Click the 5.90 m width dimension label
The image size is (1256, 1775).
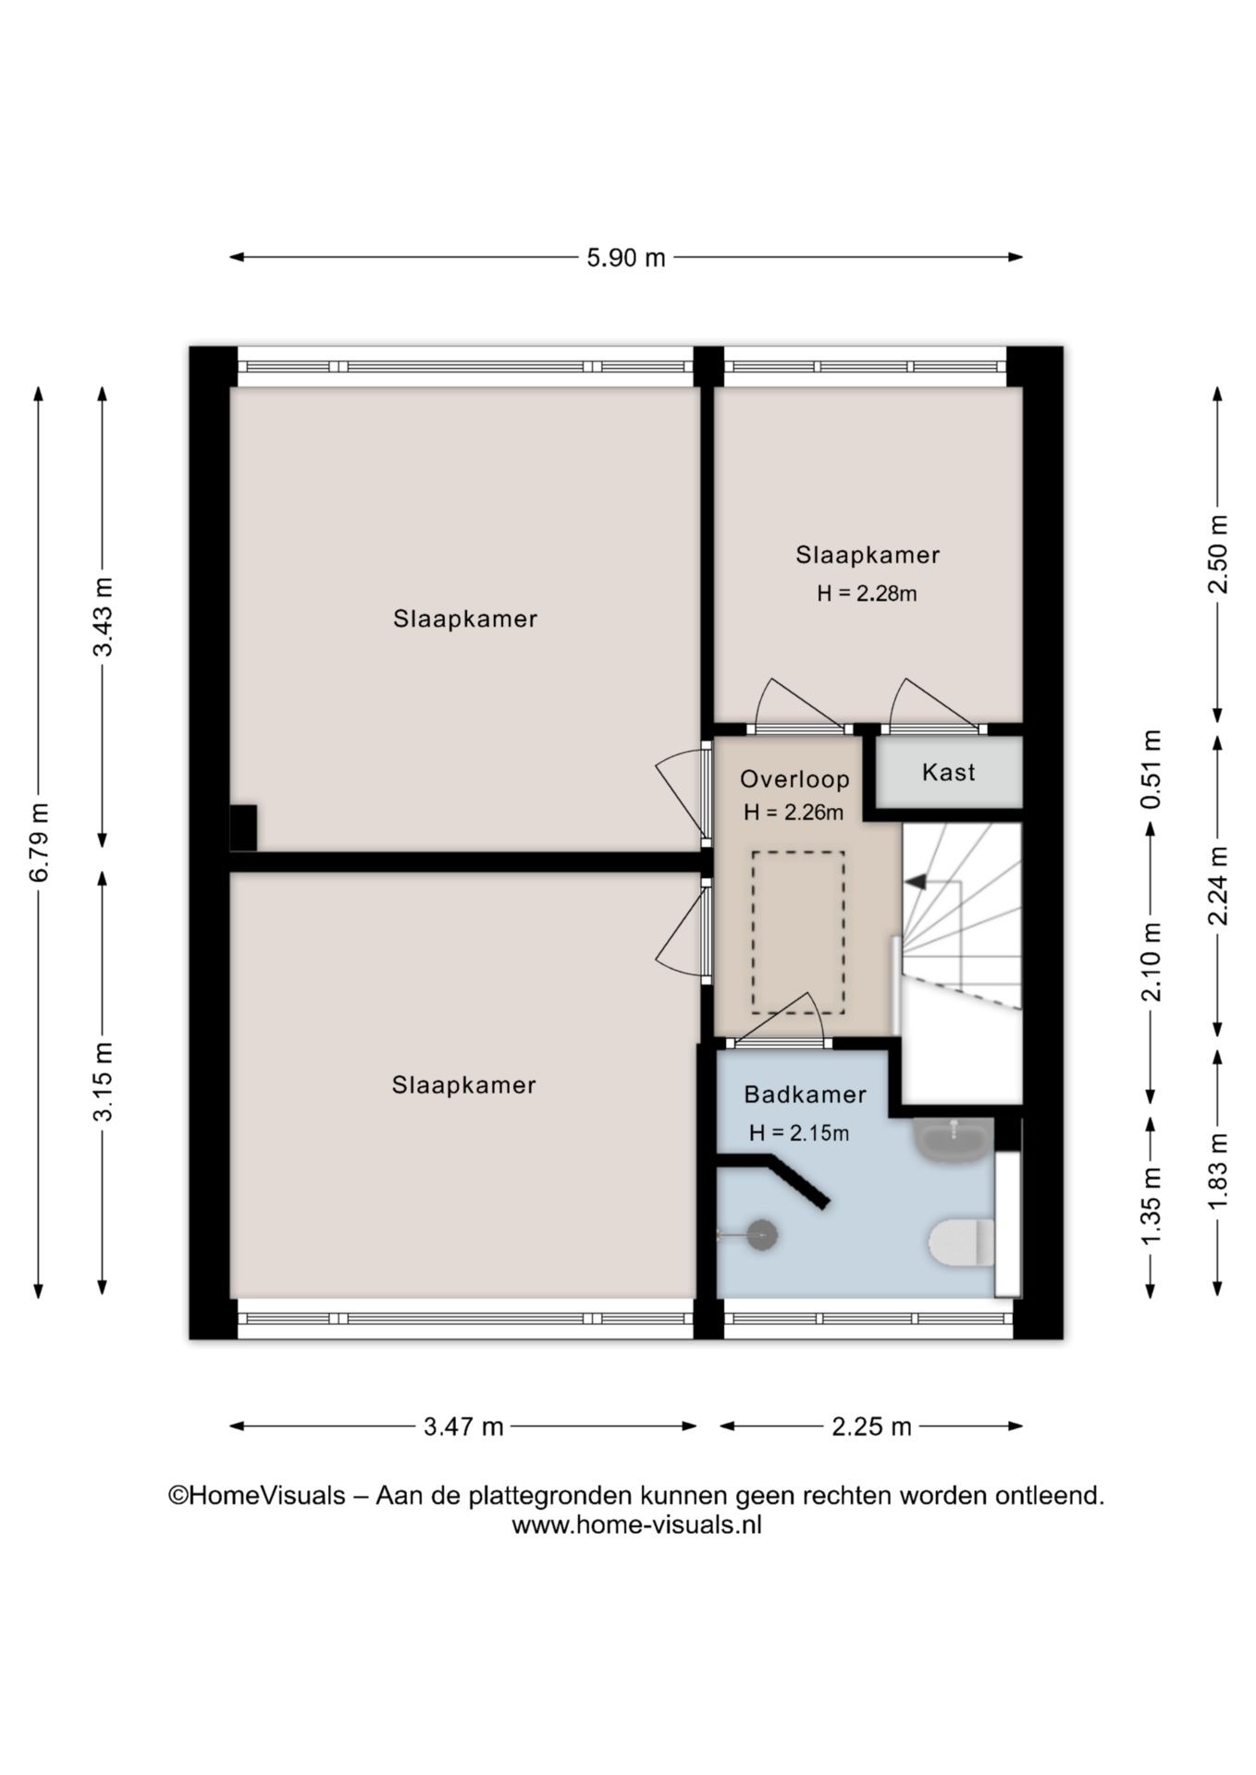[626, 258]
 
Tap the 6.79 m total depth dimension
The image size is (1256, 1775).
[39, 841]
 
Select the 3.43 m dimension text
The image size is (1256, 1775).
[103, 617]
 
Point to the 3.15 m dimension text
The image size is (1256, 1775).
[103, 1082]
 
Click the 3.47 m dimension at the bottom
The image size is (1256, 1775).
[463, 1426]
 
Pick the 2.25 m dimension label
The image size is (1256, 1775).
[871, 1426]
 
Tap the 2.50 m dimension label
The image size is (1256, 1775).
[1218, 555]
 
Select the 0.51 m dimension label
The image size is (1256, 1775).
[1151, 769]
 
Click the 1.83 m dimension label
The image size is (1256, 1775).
[1218, 1169]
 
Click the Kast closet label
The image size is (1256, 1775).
[948, 772]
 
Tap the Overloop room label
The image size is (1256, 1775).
[794, 779]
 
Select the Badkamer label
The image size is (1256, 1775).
[805, 1095]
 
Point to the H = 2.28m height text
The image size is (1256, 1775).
[867, 594]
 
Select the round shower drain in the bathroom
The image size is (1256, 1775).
[762, 1235]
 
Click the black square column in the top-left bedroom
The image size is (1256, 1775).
[243, 827]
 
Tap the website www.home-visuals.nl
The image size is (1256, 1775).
[636, 1525]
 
